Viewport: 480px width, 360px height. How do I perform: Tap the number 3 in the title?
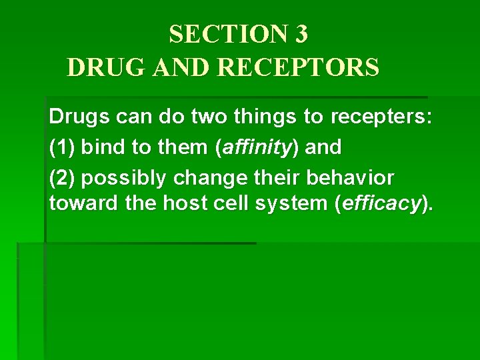coord(299,35)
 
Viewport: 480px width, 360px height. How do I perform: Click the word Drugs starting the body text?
coord(77,119)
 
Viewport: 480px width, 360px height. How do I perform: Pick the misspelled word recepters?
coord(381,119)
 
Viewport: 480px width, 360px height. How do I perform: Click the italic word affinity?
coord(254,147)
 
